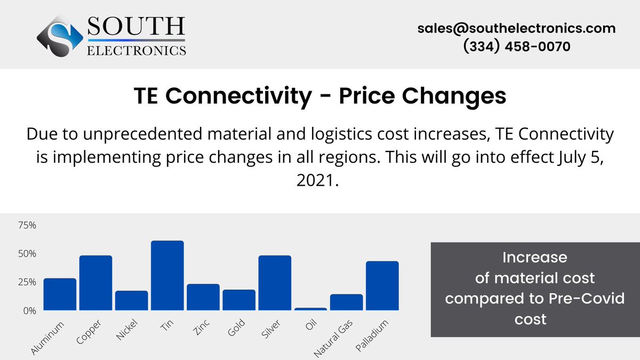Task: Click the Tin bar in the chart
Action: point(167,275)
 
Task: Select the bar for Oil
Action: point(310,309)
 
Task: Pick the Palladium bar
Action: point(382,285)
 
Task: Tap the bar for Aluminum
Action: point(60,294)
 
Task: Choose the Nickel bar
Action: point(131,300)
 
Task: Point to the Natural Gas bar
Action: point(346,302)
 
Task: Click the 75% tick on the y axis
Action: point(27,226)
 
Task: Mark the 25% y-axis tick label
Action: point(27,282)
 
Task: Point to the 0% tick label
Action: point(29,310)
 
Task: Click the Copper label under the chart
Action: point(89,332)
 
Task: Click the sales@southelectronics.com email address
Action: point(516,28)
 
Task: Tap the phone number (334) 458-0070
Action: point(516,47)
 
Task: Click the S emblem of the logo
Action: point(59,37)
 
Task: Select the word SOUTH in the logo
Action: point(136,26)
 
